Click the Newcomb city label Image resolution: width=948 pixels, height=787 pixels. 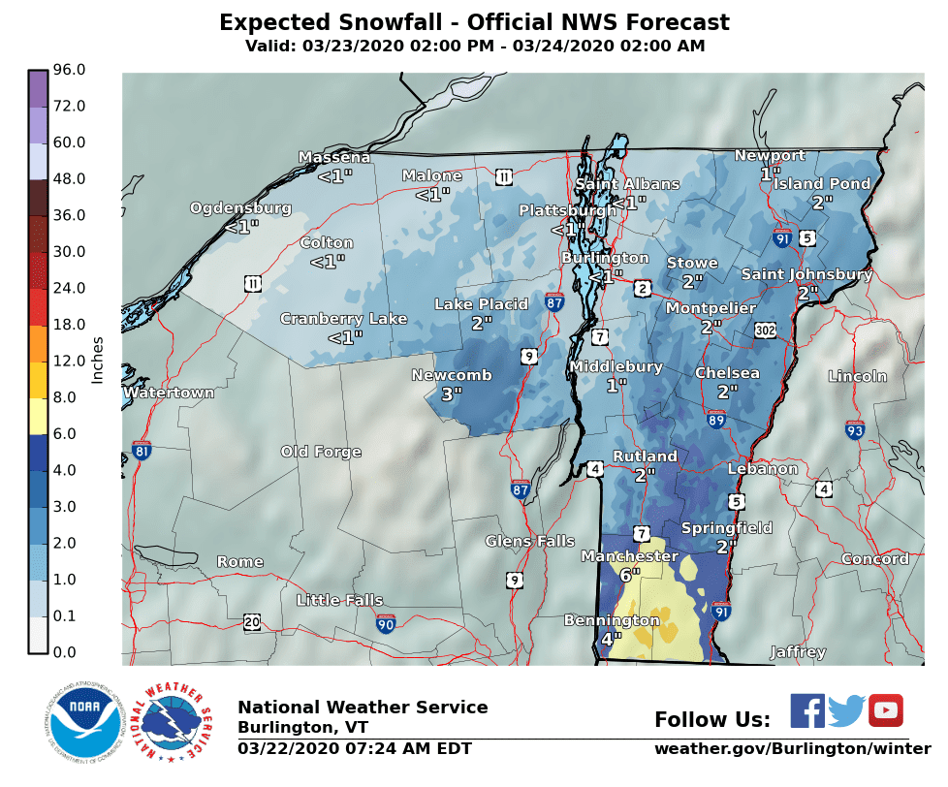tap(451, 375)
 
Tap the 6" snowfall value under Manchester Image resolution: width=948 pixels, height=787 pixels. tap(630, 574)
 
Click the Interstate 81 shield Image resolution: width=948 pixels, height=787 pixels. tap(142, 450)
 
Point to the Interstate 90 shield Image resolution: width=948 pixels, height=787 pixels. tap(386, 623)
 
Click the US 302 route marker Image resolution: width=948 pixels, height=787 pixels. tap(766, 331)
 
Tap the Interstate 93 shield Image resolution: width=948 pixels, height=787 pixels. tap(854, 429)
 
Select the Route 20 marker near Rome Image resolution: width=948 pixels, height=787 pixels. tap(252, 621)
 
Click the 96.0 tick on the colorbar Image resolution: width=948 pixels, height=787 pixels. tap(70, 70)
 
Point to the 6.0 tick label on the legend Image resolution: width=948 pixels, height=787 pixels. tap(70, 433)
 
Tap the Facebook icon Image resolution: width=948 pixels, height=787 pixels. tap(806, 710)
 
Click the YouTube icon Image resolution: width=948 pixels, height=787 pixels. tap(885, 710)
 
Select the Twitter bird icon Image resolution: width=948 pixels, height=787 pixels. tap(846, 710)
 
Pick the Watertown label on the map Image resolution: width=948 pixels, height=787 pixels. tap(169, 393)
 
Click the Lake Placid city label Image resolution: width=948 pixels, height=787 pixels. tap(481, 304)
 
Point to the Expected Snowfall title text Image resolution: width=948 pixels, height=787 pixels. tap(474, 22)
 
